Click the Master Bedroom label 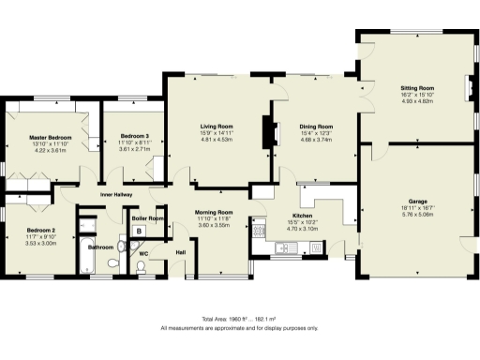pyautogui.click(x=52, y=136)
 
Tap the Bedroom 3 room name pyautogui.click(x=127, y=136)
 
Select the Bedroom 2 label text pyautogui.click(x=40, y=230)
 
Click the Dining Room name pyautogui.click(x=316, y=126)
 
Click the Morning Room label pyautogui.click(x=215, y=213)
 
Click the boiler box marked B pyautogui.click(x=139, y=231)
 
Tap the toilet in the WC pyautogui.click(x=141, y=268)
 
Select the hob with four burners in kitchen pyautogui.click(x=259, y=230)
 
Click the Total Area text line pyautogui.click(x=239, y=320)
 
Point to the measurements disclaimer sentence pyautogui.click(x=239, y=329)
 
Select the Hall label pyautogui.click(x=181, y=252)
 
